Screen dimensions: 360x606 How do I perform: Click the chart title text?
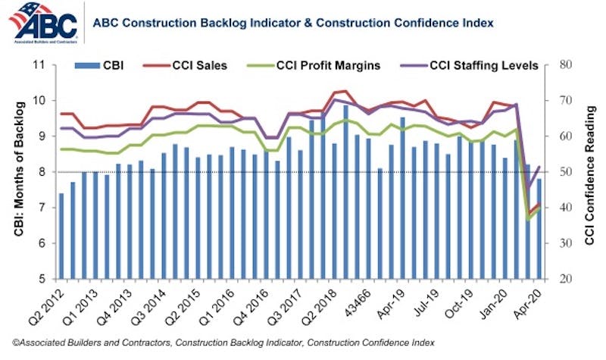[292, 23]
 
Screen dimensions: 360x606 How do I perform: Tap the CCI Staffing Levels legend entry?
[474, 65]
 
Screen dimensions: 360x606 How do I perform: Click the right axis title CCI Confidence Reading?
[589, 172]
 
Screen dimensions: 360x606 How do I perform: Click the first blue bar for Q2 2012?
[61, 236]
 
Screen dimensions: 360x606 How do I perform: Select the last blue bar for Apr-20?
[539, 228]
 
